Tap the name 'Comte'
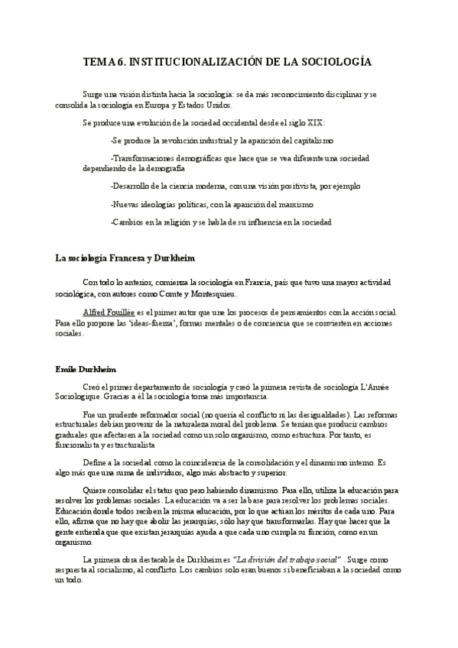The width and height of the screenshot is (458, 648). (x=178, y=294)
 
